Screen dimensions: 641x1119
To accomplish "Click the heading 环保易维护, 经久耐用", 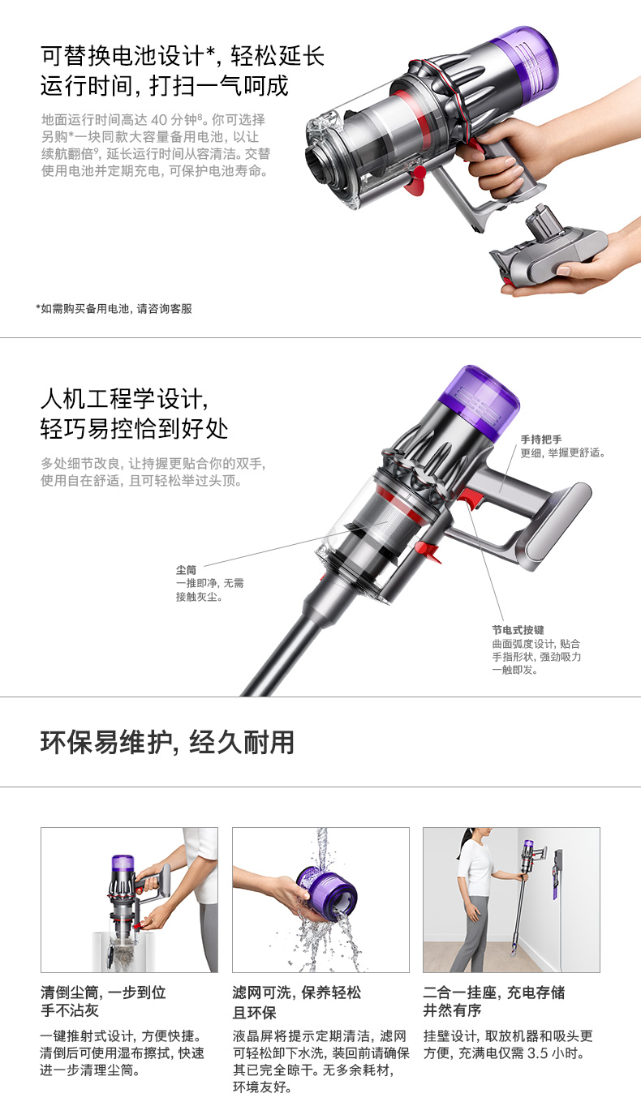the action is click(167, 742).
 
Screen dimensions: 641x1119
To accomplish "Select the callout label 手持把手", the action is click(541, 439).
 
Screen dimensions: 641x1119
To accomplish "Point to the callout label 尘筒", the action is click(186, 570).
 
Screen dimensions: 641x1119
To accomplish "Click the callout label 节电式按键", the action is click(518, 630).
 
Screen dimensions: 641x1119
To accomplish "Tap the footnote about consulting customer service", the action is click(114, 309).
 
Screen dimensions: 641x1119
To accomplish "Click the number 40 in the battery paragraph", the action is click(159, 120).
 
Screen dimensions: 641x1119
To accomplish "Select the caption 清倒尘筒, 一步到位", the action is click(103, 993).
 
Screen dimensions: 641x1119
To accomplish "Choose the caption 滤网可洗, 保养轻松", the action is click(296, 993).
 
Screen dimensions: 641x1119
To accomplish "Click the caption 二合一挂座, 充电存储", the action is click(494, 993).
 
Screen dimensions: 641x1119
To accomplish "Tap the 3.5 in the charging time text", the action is click(538, 1053).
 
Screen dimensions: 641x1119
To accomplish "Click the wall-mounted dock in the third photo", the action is click(557, 873).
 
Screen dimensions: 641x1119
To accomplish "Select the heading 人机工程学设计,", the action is click(124, 399).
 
